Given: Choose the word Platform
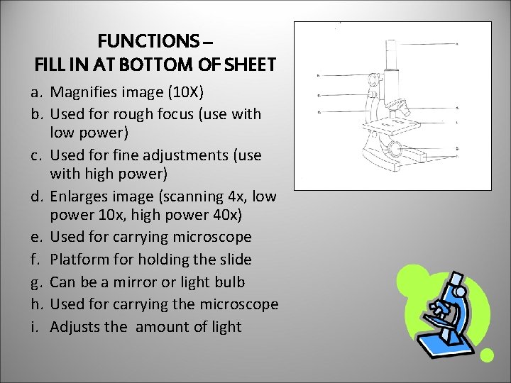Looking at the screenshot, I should coord(80,259).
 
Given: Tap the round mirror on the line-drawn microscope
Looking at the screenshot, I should coord(395,148).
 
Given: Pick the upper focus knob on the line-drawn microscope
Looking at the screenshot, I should coord(371,78).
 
